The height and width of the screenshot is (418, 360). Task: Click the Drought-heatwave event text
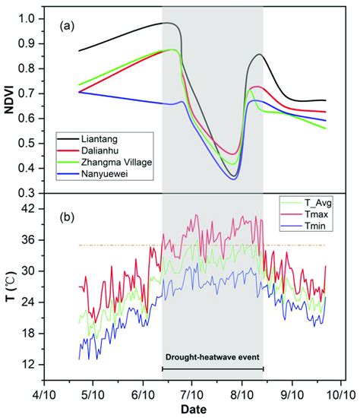213,356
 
